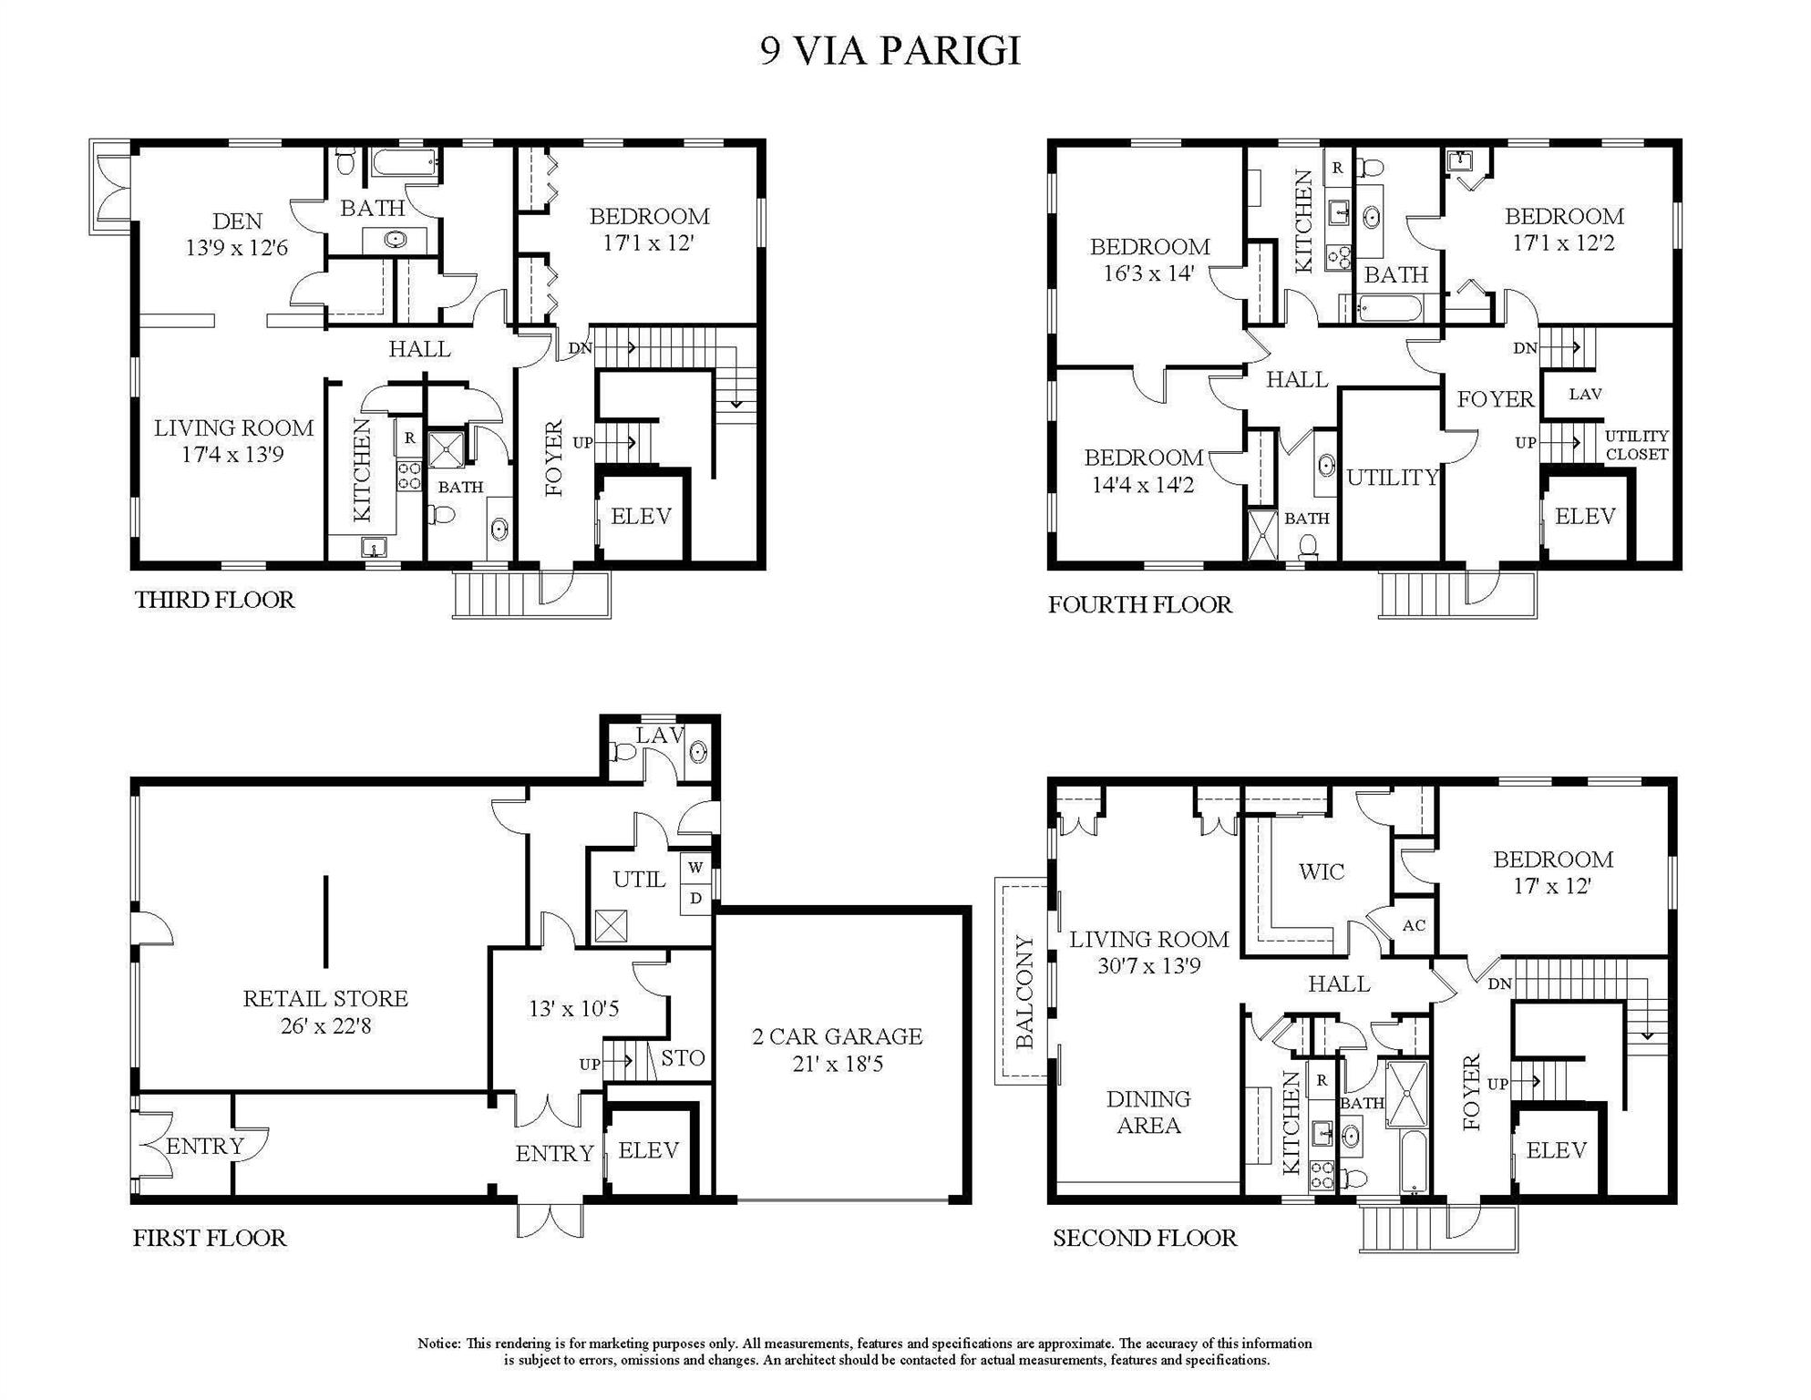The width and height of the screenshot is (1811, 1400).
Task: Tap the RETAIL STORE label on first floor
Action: pyautogui.click(x=325, y=999)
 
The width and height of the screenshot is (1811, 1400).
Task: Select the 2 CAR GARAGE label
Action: pyautogui.click(x=837, y=1036)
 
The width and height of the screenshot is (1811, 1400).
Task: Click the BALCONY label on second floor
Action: pyautogui.click(x=1025, y=992)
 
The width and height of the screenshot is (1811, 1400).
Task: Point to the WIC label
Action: pyautogui.click(x=1321, y=872)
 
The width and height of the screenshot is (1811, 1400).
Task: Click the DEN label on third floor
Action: pyautogui.click(x=237, y=221)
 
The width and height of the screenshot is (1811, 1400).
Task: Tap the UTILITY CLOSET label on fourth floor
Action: pyautogui.click(x=1636, y=445)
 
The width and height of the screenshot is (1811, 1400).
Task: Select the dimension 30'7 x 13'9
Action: pyautogui.click(x=1148, y=966)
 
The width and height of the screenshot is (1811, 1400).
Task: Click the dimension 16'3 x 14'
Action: pyautogui.click(x=1148, y=273)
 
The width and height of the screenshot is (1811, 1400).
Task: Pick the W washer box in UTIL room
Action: pyautogui.click(x=695, y=867)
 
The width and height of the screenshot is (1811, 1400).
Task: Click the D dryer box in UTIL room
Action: pyautogui.click(x=695, y=899)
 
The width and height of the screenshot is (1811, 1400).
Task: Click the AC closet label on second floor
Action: pyautogui.click(x=1414, y=926)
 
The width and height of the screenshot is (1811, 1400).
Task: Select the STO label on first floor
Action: pyautogui.click(x=683, y=1058)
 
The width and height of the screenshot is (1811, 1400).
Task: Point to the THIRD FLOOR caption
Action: pyautogui.click(x=215, y=600)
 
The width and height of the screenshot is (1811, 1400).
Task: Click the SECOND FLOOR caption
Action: pyautogui.click(x=1144, y=1238)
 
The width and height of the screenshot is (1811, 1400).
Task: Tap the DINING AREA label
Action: pyautogui.click(x=1148, y=1112)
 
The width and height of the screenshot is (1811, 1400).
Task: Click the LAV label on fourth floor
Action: pyautogui.click(x=1585, y=395)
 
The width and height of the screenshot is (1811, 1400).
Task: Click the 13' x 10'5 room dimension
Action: pyautogui.click(x=573, y=1009)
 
